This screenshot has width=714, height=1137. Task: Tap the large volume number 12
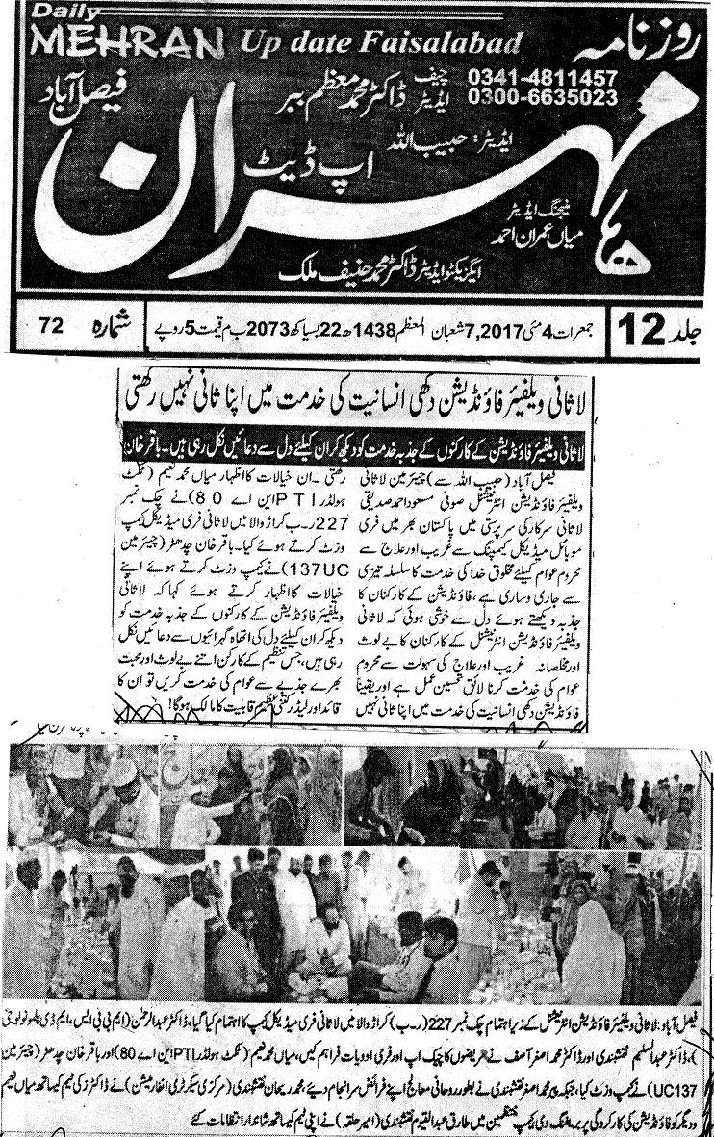pos(641,329)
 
